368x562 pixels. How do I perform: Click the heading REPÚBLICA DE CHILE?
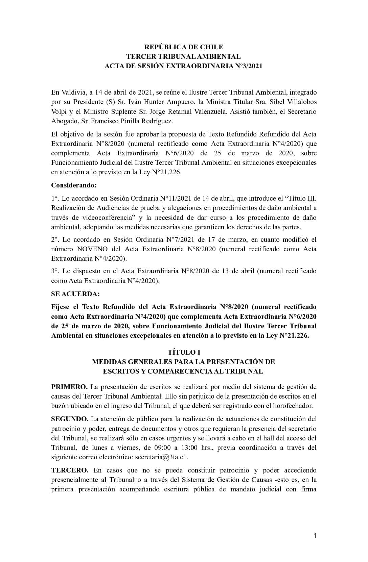184,47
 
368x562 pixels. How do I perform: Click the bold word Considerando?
74,185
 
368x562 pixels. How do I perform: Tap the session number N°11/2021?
176,198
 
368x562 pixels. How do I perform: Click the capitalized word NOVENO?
92,249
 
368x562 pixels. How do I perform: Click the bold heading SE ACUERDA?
75,294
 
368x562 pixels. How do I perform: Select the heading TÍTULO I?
184,352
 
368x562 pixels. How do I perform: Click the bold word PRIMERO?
69,387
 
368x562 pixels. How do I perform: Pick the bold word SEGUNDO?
70,419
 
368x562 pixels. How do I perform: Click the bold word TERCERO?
70,470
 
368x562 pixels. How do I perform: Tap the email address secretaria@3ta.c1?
162,457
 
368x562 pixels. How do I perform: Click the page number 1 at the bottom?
315,535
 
